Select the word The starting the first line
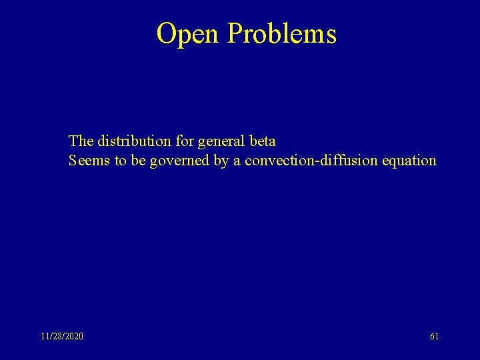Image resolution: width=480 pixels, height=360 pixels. click(81, 141)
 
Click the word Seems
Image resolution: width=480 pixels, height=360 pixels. click(89, 161)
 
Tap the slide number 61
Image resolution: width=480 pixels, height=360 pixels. click(434, 337)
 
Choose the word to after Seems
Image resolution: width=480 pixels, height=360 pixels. click(119, 161)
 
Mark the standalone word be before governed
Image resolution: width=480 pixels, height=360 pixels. click(138, 161)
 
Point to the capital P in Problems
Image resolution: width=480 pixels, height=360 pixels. click(235, 33)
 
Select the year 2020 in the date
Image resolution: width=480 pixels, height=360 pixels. click(73, 337)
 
